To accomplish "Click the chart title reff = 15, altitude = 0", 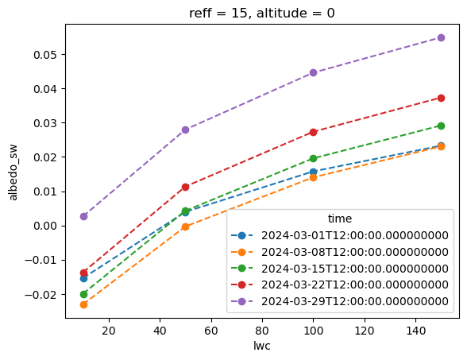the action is coord(262,13).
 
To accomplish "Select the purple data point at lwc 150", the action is coord(441,37).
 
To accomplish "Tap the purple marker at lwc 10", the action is coord(83,216).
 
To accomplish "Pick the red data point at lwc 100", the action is coord(313,132).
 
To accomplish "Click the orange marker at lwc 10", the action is coord(83,304).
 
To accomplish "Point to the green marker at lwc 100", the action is coord(313,158).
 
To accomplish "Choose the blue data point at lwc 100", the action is coord(313,172).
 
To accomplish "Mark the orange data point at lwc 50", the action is coord(185,226).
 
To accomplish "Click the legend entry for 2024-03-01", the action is coord(340,235).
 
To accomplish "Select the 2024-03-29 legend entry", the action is coord(340,301).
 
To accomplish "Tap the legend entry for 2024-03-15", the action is coord(340,269).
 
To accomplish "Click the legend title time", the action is coord(340,219).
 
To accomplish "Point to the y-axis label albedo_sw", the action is coord(14,172).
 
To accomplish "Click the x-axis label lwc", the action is coord(262,346).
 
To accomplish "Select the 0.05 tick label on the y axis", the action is coord(45,55).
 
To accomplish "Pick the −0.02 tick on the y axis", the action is coord(41,295).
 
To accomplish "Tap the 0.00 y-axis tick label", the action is coord(45,226).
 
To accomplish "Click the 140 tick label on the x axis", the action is coord(416,331).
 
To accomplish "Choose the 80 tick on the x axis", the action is coord(262,331).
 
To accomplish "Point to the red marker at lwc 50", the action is coord(185,187).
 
